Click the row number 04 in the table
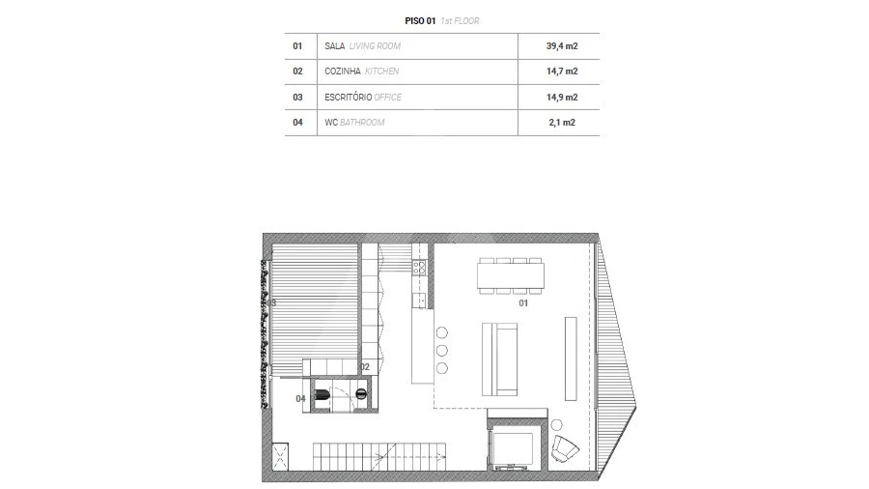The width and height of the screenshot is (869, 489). point(297,123)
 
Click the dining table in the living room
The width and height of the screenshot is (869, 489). point(510,275)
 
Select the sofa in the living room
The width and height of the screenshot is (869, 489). point(500,358)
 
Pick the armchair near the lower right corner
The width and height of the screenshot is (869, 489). point(566,449)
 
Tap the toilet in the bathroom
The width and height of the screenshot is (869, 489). point(327,393)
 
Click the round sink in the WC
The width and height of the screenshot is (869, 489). point(361,392)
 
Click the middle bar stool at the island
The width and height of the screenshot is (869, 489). point(442,350)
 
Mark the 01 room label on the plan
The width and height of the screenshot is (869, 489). point(524,303)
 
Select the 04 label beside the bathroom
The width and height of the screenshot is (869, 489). point(300,398)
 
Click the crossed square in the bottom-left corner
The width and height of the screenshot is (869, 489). point(280,456)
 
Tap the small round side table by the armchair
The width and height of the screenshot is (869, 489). point(557,424)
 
